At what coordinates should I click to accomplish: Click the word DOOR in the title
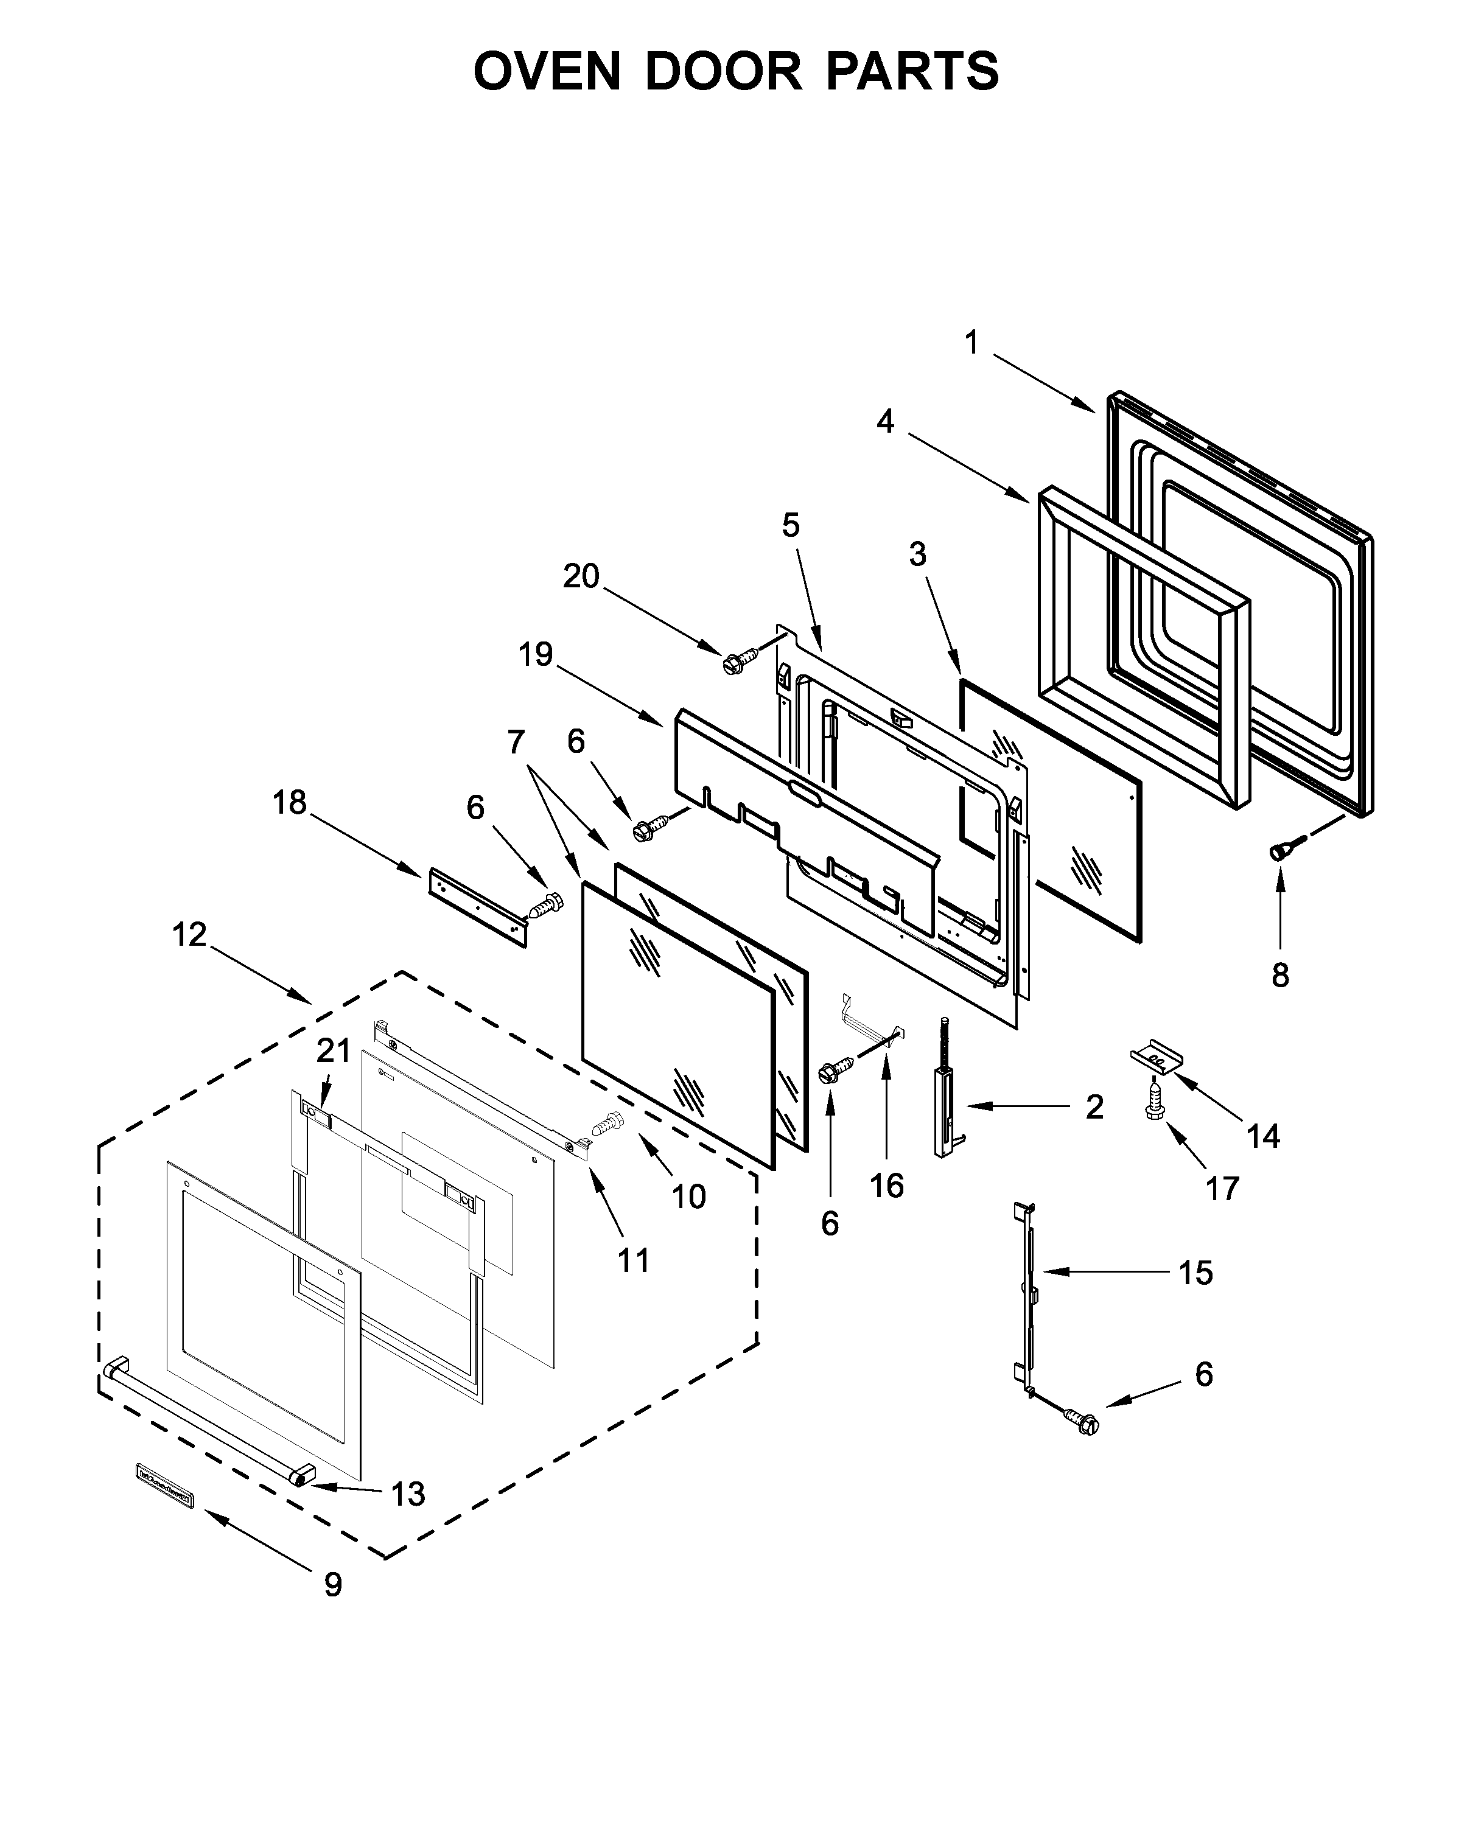(723, 71)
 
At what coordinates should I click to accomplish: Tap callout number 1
(971, 343)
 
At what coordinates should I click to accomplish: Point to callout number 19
(535, 655)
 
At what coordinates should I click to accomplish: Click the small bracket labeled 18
(478, 906)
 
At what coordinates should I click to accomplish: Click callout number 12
(189, 935)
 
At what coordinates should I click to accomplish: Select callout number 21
(333, 1051)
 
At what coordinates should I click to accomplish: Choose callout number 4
(885, 421)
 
